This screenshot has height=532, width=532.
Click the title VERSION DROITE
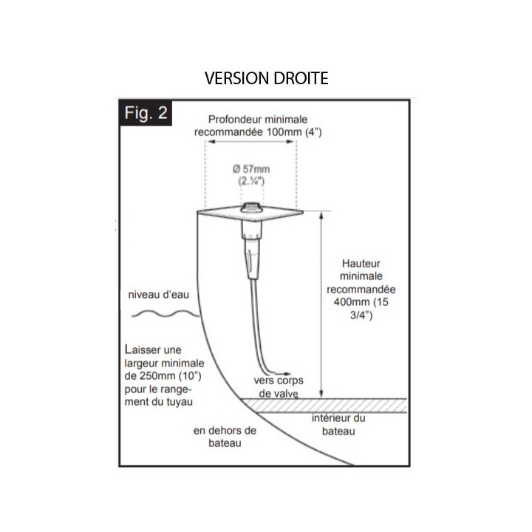[x=266, y=78]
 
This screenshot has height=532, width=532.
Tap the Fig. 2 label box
[x=146, y=113]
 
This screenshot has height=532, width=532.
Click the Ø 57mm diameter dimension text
[x=251, y=169]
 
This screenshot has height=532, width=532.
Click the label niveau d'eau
[x=158, y=295]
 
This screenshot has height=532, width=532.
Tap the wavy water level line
[x=166, y=314]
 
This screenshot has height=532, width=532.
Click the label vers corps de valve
[x=279, y=386]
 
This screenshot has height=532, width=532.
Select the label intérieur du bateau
[x=338, y=424]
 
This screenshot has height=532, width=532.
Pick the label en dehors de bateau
[x=225, y=437]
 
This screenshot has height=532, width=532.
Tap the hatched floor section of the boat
[x=324, y=406]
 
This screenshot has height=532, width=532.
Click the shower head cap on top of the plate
[x=251, y=207]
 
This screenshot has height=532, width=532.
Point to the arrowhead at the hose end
[x=287, y=374]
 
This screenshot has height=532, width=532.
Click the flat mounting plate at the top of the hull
[x=250, y=214]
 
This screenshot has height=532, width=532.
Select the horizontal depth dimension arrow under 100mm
[x=250, y=141]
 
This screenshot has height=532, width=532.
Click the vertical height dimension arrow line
[x=321, y=304]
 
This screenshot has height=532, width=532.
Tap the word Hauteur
[x=361, y=263]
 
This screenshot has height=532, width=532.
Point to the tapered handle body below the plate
[x=252, y=250]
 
